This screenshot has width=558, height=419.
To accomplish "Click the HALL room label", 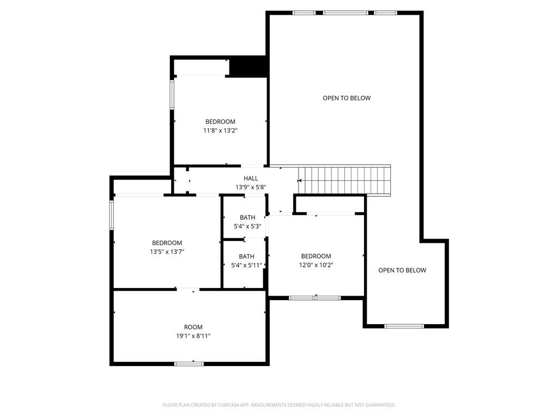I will coord(251,178).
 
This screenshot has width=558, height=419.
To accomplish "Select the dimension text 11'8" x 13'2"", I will coord(220,130).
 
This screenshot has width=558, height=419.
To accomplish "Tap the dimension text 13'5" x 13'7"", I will coord(167,252).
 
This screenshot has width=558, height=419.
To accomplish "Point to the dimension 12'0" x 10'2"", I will coord(316,265).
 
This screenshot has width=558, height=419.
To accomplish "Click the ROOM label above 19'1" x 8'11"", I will coord(193,327).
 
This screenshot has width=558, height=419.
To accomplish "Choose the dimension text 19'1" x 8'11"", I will coord(193,336).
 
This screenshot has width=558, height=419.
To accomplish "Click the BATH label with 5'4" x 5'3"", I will coord(247,218).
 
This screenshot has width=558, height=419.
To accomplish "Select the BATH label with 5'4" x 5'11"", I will coord(246,256).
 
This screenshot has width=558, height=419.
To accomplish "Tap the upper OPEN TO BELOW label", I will coord(347,98).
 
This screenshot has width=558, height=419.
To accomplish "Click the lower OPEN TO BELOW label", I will coord(402,270).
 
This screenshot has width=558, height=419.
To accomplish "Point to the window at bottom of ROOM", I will coord(189,363).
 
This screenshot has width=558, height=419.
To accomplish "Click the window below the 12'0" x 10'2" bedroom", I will coord(314,298).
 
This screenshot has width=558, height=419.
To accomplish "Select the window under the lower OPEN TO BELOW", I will coord(404,326).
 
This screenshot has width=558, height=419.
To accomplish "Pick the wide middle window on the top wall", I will coord(345,13).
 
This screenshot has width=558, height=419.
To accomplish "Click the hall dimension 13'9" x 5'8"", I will coord(251,187).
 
